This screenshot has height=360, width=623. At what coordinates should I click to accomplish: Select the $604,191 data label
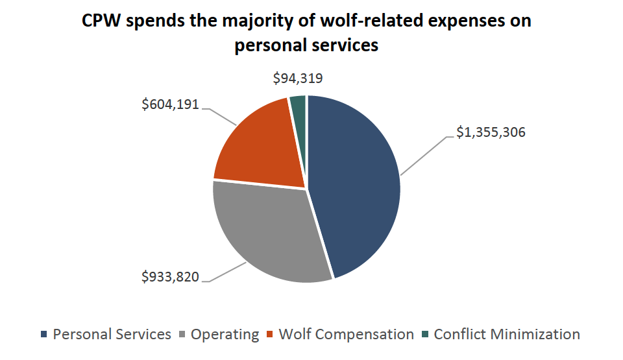click(171, 104)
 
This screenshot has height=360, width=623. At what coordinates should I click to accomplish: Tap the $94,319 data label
click(297, 79)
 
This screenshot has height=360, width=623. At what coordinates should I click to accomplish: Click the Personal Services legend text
click(112, 335)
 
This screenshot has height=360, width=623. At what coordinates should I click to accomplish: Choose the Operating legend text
click(225, 335)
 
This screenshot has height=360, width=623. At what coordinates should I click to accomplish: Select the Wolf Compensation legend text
click(346, 335)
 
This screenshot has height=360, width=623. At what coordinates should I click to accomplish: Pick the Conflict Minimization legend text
click(506, 335)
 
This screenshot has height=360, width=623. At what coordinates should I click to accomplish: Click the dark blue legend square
click(44, 335)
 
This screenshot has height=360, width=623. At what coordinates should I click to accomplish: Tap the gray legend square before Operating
click(182, 335)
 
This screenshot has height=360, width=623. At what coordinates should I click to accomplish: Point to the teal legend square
click(424, 335)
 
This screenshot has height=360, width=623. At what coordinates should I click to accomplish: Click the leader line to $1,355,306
click(425, 156)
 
